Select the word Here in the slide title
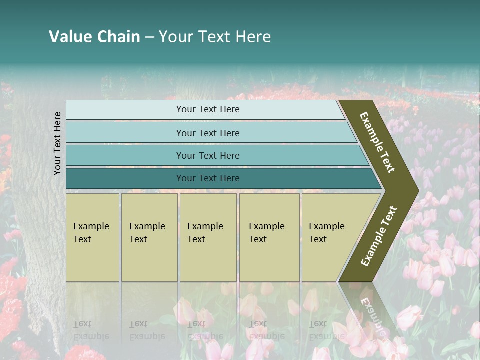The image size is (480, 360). (253, 37)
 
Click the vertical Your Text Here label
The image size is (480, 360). (57, 143)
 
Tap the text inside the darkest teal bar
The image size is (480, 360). (208, 178)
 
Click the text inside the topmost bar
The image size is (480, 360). (208, 109)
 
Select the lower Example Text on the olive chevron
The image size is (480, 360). (379, 236)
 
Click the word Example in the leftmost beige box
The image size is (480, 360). (91, 226)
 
